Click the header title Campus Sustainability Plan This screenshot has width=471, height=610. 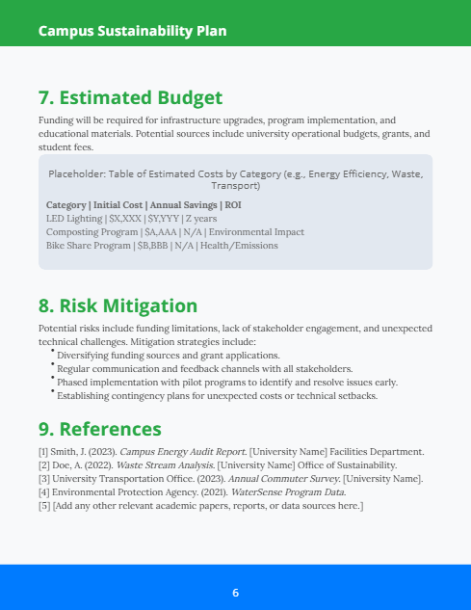pyautogui.click(x=133, y=31)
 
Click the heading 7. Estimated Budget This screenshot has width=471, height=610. pyautogui.click(x=130, y=97)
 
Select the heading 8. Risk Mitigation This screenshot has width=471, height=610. pyautogui.click(x=118, y=305)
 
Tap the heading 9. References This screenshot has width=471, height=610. pyautogui.click(x=99, y=428)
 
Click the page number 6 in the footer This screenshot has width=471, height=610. pyautogui.click(x=235, y=592)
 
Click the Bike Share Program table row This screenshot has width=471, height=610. pyautogui.click(x=162, y=246)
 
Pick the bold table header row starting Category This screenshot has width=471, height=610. pyautogui.click(x=144, y=205)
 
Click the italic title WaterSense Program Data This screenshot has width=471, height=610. pyautogui.click(x=287, y=492)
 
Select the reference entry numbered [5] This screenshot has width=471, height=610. pyautogui.click(x=200, y=506)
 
